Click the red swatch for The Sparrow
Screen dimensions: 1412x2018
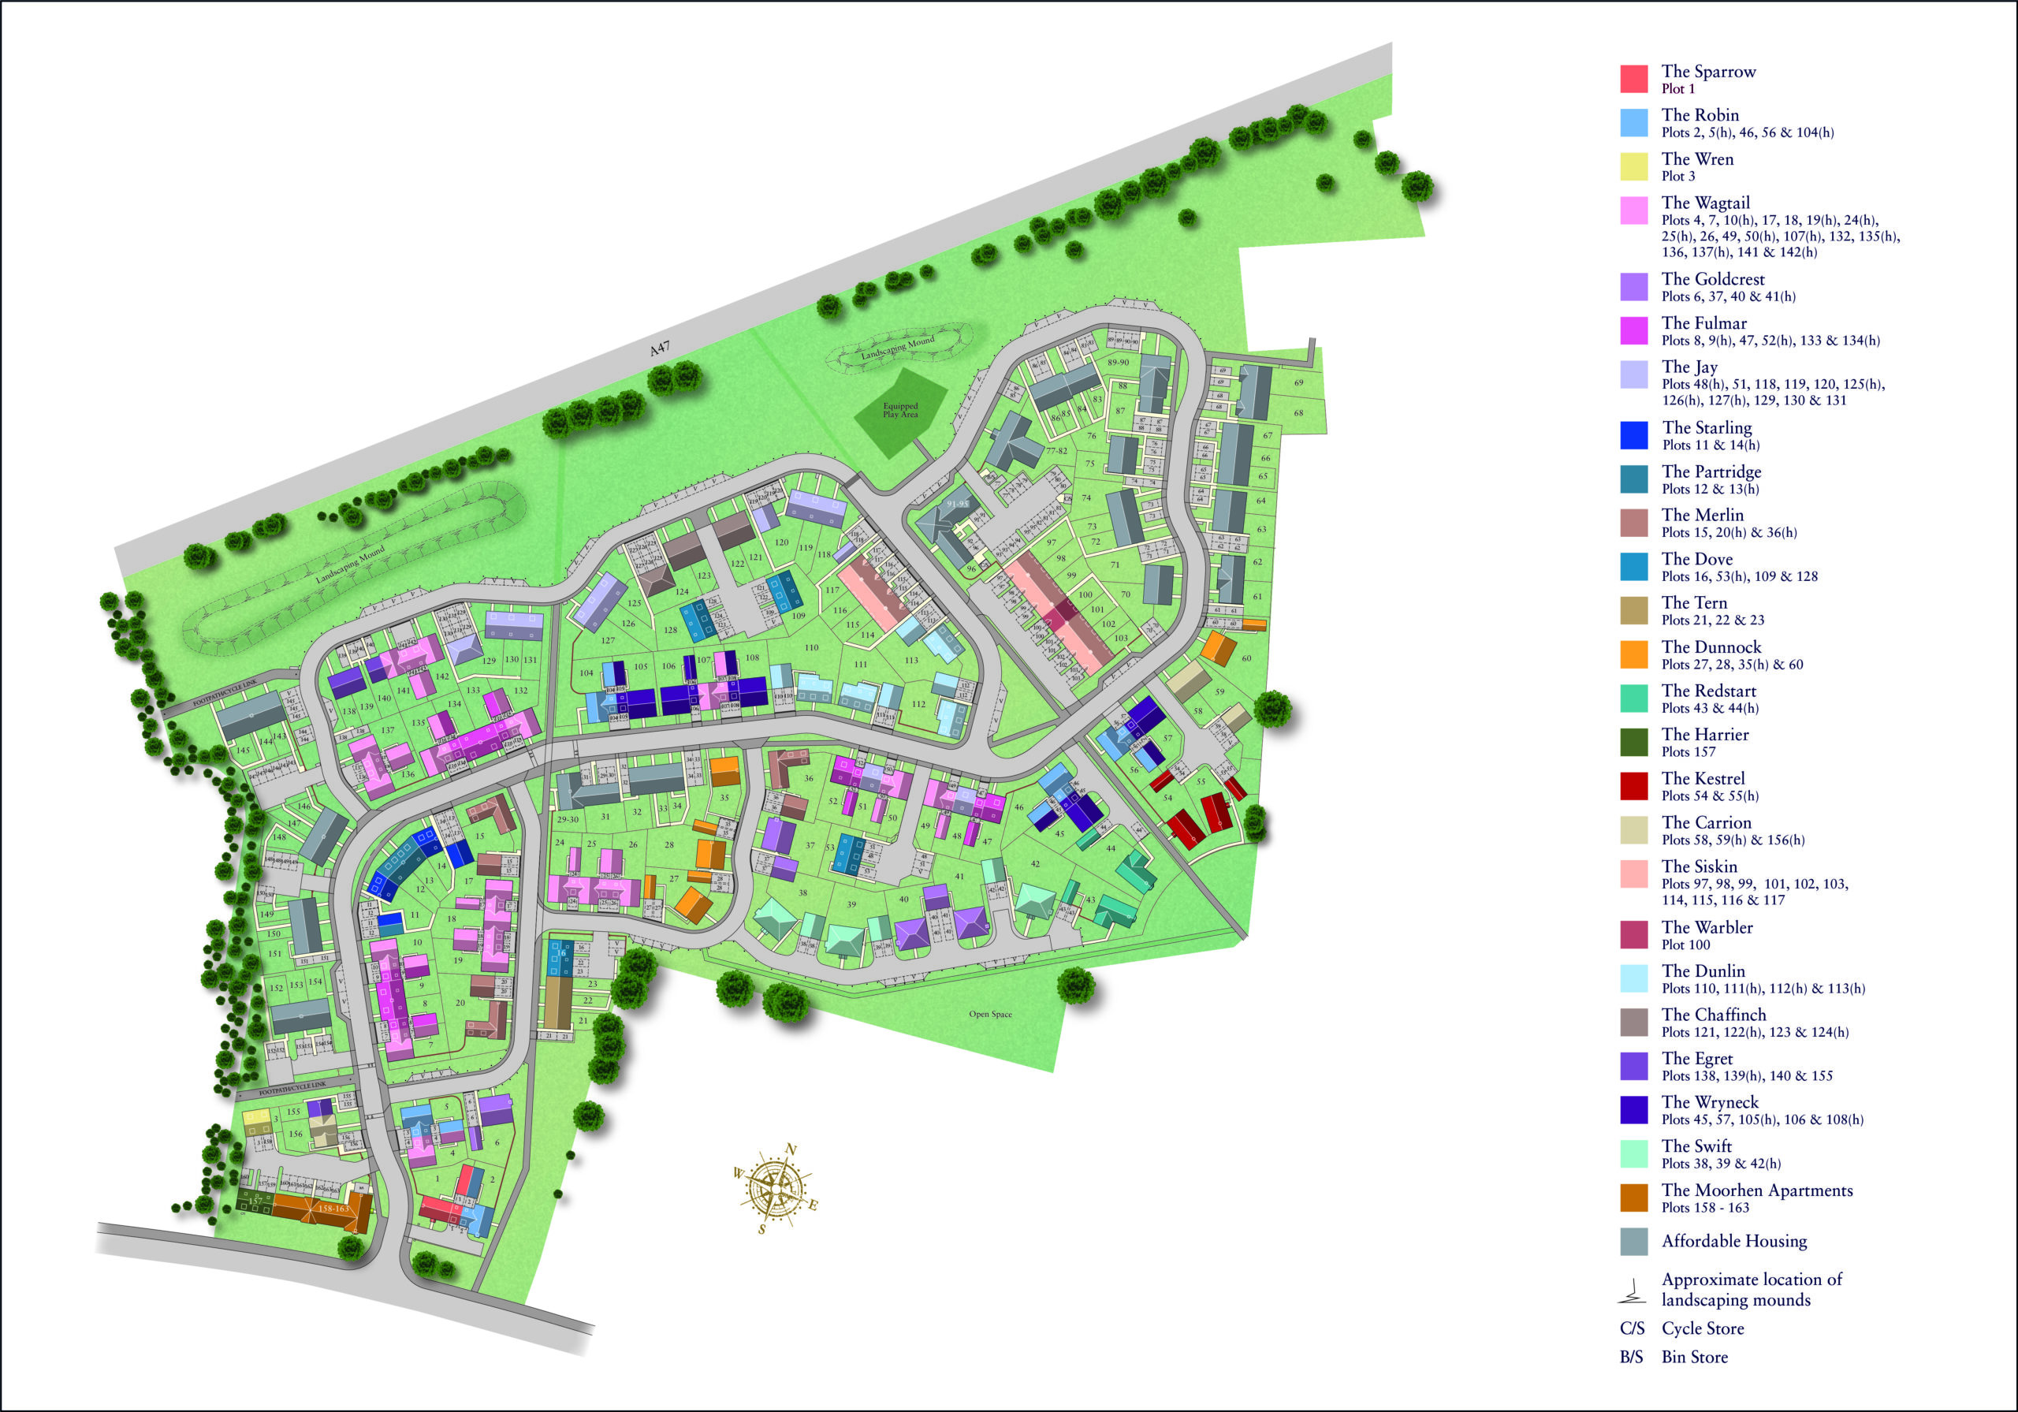pyautogui.click(x=1634, y=79)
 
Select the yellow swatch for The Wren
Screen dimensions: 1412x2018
pyautogui.click(x=1634, y=167)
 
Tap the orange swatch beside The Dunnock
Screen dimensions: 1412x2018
pyautogui.click(x=1634, y=655)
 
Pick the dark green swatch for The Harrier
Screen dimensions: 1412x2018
pyautogui.click(x=1634, y=742)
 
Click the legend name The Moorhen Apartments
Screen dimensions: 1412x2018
pyautogui.click(x=1756, y=1190)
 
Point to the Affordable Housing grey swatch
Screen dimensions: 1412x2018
pyautogui.click(x=1634, y=1242)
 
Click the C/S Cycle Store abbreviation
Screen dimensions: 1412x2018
pyautogui.click(x=1633, y=1328)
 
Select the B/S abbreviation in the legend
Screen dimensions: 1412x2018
pyautogui.click(x=1631, y=1357)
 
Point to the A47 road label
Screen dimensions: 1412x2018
pyautogui.click(x=659, y=349)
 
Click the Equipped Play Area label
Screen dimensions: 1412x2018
pyautogui.click(x=900, y=410)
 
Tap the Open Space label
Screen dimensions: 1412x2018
pyautogui.click(x=991, y=1014)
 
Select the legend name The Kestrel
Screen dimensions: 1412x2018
pyautogui.click(x=1703, y=778)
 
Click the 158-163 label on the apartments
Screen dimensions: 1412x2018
pyautogui.click(x=333, y=1208)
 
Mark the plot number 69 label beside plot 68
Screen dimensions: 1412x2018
pyautogui.click(x=1298, y=382)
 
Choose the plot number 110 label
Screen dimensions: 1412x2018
pyautogui.click(x=810, y=647)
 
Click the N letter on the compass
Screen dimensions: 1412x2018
pyautogui.click(x=790, y=1149)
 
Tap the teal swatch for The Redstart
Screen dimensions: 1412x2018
pyautogui.click(x=1634, y=698)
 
